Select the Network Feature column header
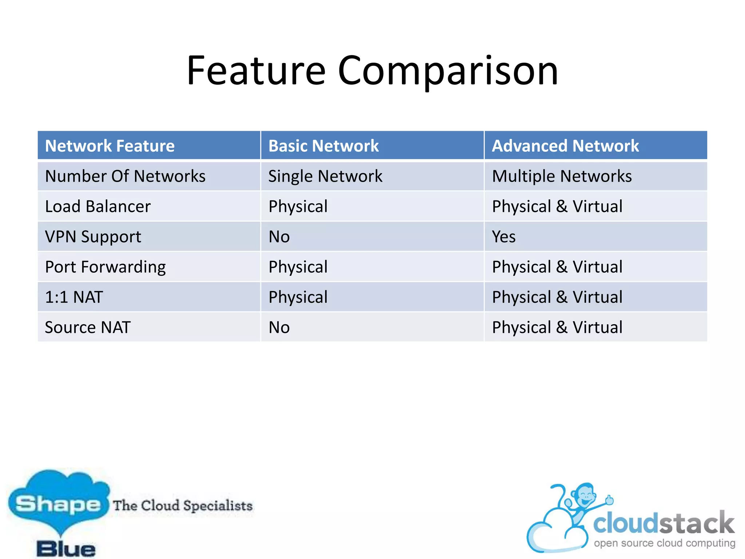[110, 146]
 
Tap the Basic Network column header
[323, 146]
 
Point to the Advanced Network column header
[565, 146]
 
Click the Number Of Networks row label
[125, 176]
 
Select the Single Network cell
[325, 176]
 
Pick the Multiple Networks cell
[562, 176]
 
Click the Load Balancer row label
[97, 206]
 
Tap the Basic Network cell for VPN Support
[279, 237]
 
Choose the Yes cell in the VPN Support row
[504, 237]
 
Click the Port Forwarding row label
[105, 267]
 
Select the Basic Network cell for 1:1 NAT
[298, 297]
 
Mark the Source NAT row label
[88, 327]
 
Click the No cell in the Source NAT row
[279, 327]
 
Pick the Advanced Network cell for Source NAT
[557, 327]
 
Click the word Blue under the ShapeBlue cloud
[66, 549]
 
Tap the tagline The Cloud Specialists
[183, 505]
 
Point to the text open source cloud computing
[665, 543]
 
